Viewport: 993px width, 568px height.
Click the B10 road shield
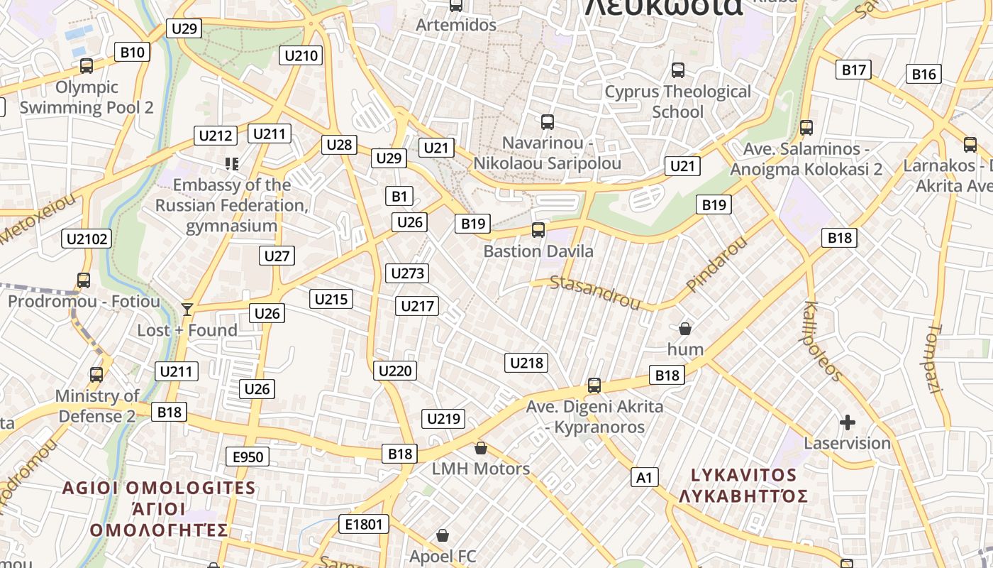click(132, 52)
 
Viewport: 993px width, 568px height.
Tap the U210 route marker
click(301, 55)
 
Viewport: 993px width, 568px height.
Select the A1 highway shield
click(644, 477)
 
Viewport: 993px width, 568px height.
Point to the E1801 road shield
click(364, 525)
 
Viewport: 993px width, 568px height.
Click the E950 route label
click(248, 457)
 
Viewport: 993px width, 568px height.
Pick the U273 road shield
click(408, 273)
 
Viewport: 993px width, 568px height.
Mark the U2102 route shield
click(87, 239)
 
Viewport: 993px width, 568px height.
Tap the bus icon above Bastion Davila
click(538, 230)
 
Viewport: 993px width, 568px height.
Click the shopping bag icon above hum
click(685, 329)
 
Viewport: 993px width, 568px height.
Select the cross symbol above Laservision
click(847, 423)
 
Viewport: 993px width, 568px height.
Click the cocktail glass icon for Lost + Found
click(187, 309)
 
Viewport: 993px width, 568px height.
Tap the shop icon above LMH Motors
click(481, 448)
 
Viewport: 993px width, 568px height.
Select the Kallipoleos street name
click(823, 342)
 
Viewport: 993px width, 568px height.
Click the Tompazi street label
click(934, 359)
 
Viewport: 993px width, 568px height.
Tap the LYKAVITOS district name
click(743, 475)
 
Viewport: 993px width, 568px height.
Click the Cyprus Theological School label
click(677, 102)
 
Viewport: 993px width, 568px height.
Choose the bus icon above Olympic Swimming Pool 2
click(87, 66)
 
